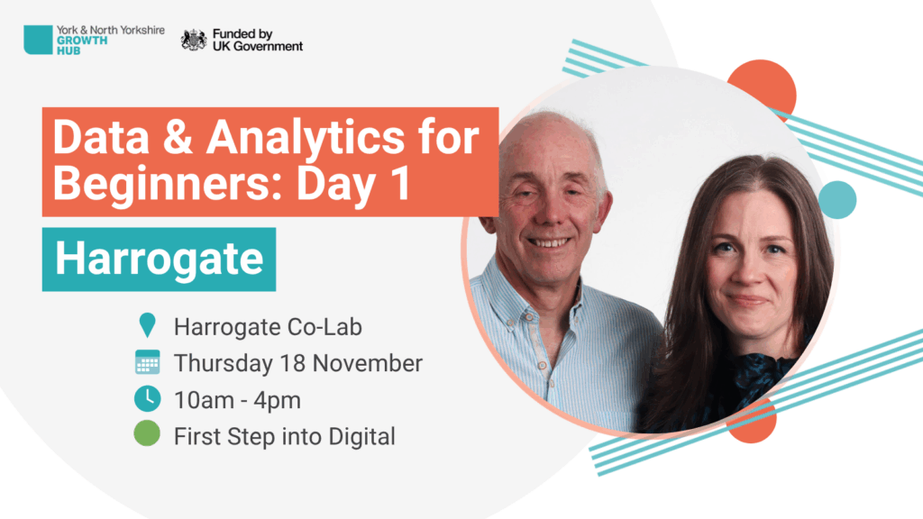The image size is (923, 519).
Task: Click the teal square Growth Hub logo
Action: point(38,40)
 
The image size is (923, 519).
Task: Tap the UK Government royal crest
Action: point(194,40)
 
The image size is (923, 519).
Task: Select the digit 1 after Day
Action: point(401,184)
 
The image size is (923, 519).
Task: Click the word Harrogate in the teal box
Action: point(159,259)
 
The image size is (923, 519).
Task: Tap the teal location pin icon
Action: point(147,325)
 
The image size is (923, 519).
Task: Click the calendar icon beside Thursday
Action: point(147,362)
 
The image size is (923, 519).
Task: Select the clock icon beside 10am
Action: point(147,399)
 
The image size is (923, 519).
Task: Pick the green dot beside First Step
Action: point(147,433)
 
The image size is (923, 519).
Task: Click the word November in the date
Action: point(368,364)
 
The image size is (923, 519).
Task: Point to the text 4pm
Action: point(278,401)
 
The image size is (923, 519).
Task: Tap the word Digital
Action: point(361,437)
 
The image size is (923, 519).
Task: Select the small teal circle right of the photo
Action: point(837,200)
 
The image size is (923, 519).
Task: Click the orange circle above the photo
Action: point(763,88)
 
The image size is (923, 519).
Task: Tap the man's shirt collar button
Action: point(529,318)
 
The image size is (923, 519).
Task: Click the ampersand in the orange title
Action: point(178,138)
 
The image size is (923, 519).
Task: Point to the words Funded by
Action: point(242,34)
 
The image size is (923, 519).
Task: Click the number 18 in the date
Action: point(292,364)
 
